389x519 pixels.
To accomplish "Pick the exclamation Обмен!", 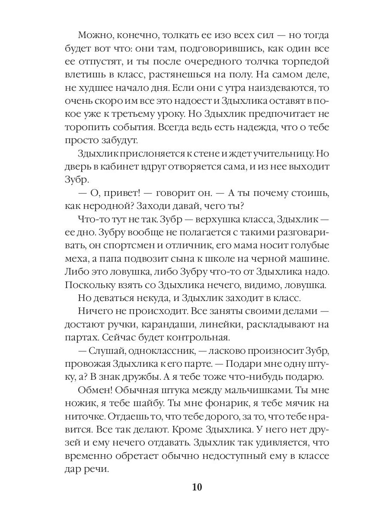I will point(95,391).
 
